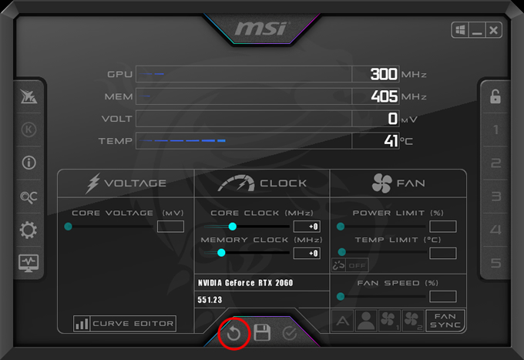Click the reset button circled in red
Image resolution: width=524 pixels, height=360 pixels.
[x=233, y=334]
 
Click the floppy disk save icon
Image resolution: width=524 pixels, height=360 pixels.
[x=262, y=332]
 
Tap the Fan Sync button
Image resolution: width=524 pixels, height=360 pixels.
[x=445, y=321]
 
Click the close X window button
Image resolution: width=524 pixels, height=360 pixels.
[x=493, y=30]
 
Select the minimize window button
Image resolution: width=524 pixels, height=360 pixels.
[x=477, y=30]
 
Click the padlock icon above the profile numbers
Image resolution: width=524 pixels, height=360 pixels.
[x=495, y=96]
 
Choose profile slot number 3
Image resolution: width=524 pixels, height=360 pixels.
[x=496, y=197]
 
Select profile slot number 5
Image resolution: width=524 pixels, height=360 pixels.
[x=496, y=263]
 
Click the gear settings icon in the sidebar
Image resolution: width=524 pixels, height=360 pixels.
[x=29, y=230]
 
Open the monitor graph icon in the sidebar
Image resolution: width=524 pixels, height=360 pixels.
[x=29, y=263]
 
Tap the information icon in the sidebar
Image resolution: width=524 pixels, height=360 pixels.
[x=29, y=163]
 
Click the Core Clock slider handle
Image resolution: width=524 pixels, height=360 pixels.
[x=233, y=227]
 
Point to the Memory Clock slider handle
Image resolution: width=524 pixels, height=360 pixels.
[x=221, y=253]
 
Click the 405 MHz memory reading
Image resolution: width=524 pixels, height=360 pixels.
[x=385, y=96]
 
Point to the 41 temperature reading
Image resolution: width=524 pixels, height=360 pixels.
[x=391, y=141]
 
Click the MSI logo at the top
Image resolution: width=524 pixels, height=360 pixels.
[x=261, y=29]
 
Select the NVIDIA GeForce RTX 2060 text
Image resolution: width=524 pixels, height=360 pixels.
[x=245, y=283]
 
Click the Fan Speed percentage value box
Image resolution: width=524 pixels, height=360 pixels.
[x=443, y=297]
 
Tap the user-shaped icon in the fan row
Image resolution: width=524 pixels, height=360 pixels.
[x=366, y=321]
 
